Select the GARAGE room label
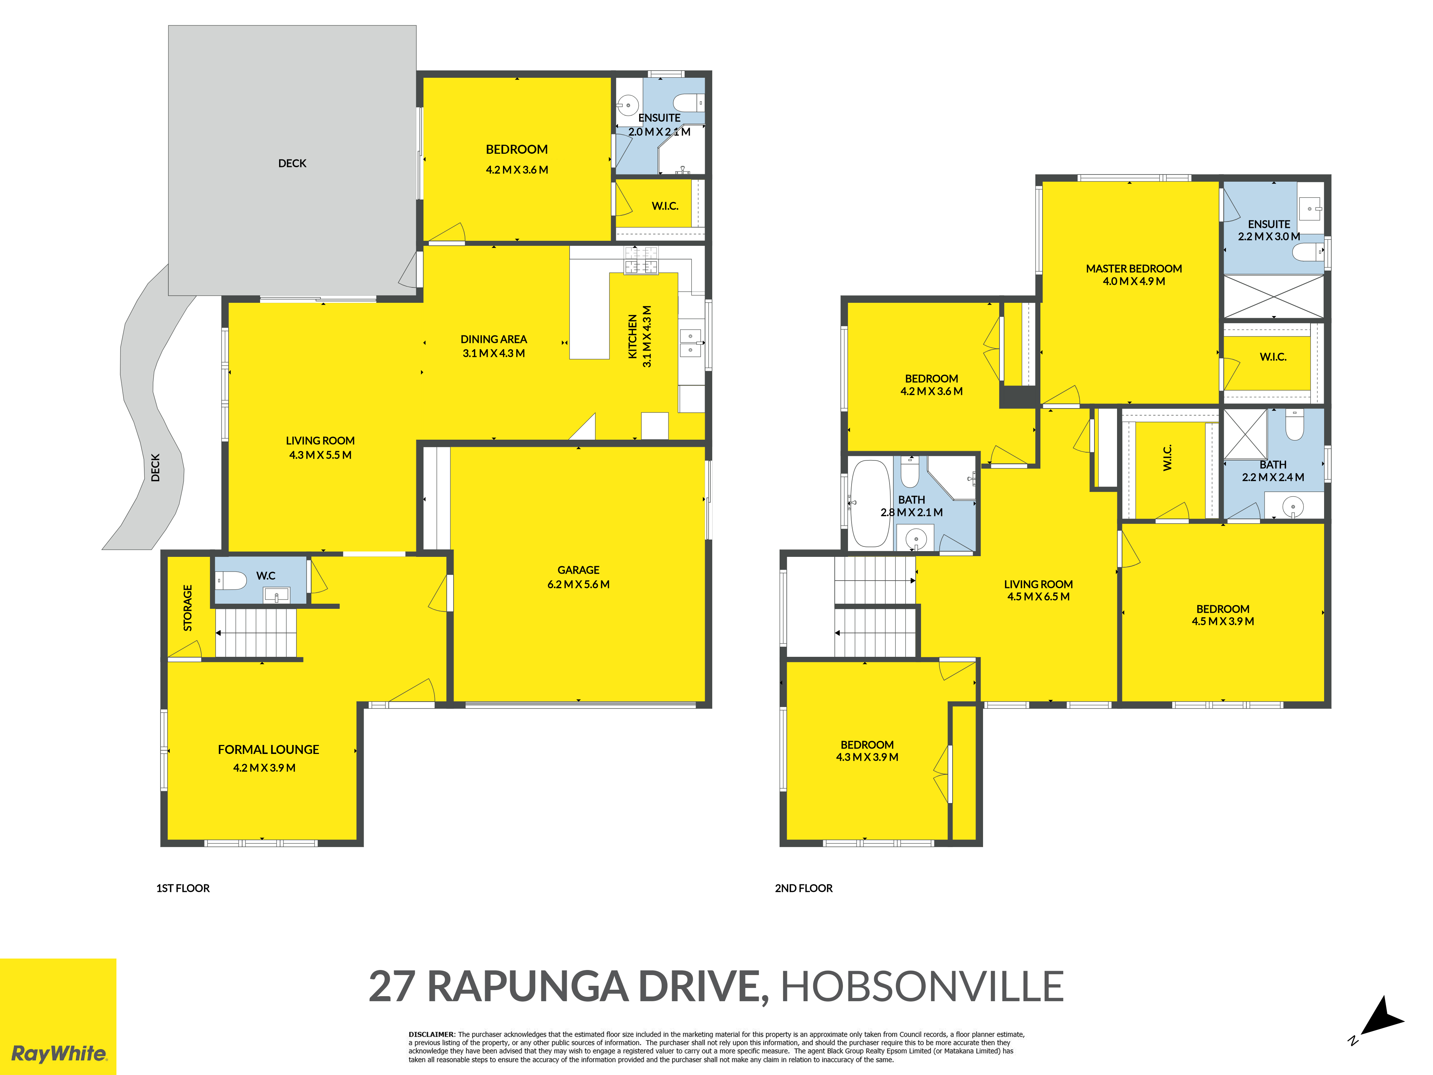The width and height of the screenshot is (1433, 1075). [x=579, y=570]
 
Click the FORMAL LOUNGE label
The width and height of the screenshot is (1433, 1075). [x=268, y=750]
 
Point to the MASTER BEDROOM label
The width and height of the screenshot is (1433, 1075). [x=1134, y=268]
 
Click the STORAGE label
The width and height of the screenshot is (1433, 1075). [x=188, y=608]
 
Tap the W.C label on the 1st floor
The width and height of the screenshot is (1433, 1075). [x=265, y=575]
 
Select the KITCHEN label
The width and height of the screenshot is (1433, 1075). [x=633, y=336]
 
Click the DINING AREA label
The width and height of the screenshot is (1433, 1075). [x=494, y=339]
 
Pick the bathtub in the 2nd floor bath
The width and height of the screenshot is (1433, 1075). [x=870, y=503]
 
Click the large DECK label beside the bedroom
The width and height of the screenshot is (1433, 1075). [x=292, y=163]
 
